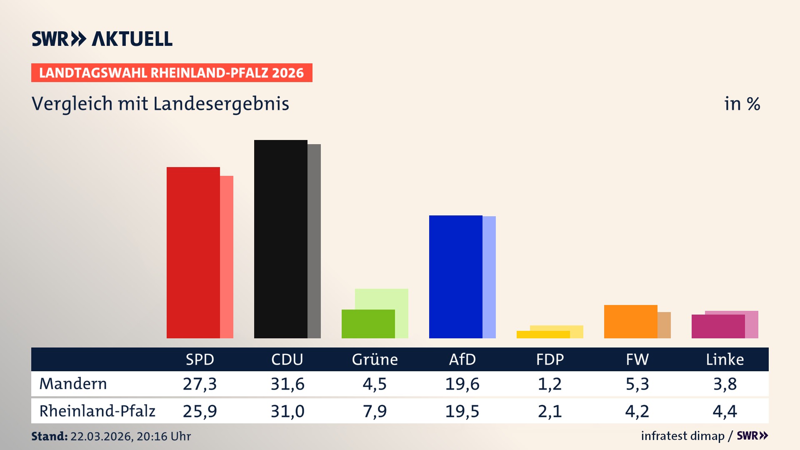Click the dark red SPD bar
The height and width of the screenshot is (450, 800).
[x=193, y=252]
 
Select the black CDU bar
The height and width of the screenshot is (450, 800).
[x=280, y=239]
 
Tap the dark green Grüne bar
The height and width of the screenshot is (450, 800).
[x=368, y=324]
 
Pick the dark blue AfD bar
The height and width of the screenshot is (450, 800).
[x=455, y=277]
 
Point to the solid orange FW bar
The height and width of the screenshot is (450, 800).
[x=630, y=321]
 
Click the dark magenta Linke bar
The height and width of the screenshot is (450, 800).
[x=718, y=326]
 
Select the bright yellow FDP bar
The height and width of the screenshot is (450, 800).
[x=543, y=335]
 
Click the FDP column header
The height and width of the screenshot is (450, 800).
[x=550, y=359]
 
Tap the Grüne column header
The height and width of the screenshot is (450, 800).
[x=375, y=359]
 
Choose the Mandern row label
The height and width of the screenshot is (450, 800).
[x=73, y=384]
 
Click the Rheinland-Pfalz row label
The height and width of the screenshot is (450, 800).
[x=97, y=411]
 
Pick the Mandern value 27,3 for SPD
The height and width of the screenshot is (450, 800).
[x=200, y=384]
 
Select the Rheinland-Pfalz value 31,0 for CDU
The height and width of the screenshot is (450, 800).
[x=287, y=411]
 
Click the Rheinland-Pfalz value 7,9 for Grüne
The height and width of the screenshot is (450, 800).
[x=375, y=411]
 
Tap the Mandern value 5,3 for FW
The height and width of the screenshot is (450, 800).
[x=637, y=384]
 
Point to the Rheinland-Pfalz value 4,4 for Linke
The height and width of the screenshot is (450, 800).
[x=725, y=411]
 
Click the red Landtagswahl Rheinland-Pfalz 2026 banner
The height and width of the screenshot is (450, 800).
[x=172, y=73]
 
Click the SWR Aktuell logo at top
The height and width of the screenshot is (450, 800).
[x=102, y=39]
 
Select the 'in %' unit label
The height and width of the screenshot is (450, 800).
[x=742, y=104]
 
